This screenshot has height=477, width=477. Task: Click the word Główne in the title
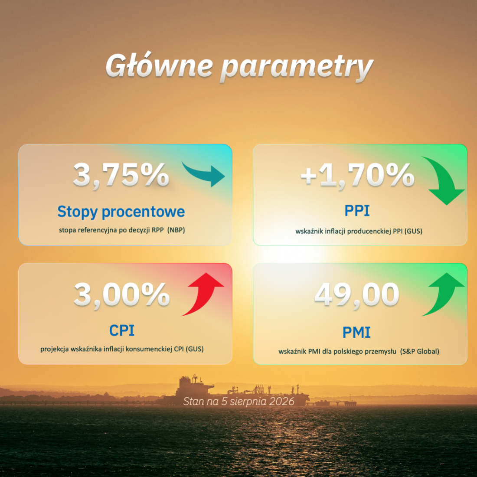159,65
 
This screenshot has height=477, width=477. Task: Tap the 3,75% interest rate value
121,175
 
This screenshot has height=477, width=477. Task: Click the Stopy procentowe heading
121,212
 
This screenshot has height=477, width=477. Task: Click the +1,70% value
357,175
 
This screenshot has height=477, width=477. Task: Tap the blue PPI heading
357,210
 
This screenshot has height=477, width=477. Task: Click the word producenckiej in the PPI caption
369,231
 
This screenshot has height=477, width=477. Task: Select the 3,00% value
122,294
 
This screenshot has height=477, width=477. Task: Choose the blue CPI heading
122,330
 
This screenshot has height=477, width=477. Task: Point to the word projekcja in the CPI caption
55,349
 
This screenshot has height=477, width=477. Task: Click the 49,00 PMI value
356,294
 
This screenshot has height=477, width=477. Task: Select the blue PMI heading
356,332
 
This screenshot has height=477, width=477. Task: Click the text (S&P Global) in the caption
420,351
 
